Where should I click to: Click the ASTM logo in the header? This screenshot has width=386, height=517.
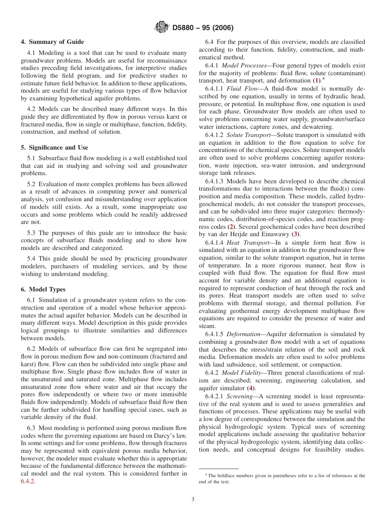(162, 28)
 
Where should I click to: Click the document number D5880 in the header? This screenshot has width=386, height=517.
(185, 28)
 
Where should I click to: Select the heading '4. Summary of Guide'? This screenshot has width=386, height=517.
(52, 42)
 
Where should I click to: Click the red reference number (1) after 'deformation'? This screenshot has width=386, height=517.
(317, 80)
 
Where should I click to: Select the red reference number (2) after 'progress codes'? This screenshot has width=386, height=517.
(231, 226)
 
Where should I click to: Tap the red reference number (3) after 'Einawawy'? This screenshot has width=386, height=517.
(296, 234)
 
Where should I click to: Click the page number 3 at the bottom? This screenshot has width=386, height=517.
(193, 499)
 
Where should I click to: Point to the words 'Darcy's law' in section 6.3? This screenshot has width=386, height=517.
(171, 435)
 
